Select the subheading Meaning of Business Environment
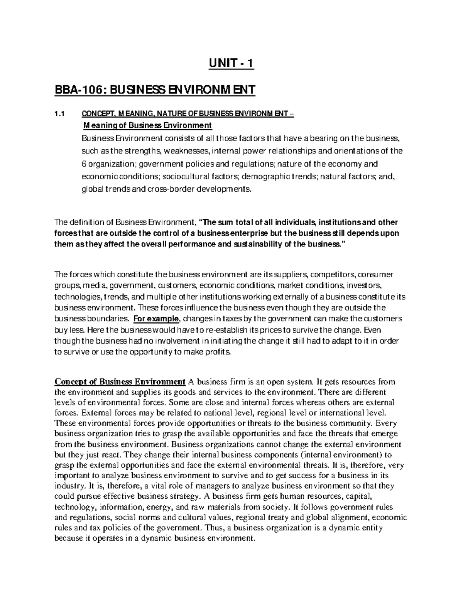[x=147, y=125]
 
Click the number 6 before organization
[x=84, y=164]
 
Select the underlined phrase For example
[x=156, y=319]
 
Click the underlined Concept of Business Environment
[x=120, y=382]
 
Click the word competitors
[x=333, y=275]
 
